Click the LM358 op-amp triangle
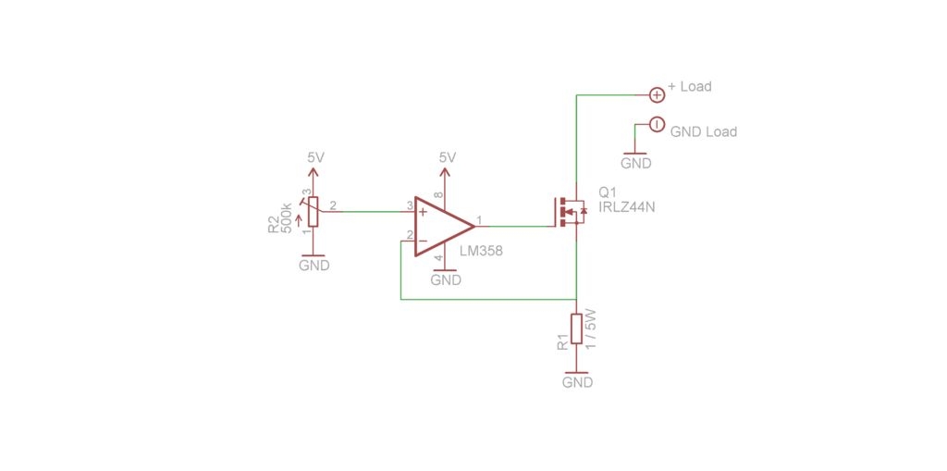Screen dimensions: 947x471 click(x=443, y=227)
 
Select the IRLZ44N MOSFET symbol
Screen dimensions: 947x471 click(x=570, y=212)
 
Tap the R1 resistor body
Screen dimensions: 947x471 click(x=577, y=328)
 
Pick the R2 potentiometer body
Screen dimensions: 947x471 click(x=313, y=212)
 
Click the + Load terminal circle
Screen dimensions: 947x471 click(x=657, y=94)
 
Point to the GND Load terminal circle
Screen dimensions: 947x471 click(x=656, y=125)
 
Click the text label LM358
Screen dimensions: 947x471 click(x=481, y=251)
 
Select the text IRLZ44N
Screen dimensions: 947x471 click(x=627, y=206)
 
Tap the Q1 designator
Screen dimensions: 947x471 click(x=607, y=192)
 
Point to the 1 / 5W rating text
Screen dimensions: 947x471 click(x=591, y=328)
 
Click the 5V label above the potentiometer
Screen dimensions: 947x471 click(x=316, y=157)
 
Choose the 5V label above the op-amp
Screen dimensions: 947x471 click(x=448, y=157)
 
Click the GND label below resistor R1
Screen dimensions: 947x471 click(x=577, y=383)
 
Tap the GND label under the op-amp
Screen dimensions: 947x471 click(x=446, y=280)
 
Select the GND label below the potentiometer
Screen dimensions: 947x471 click(x=314, y=265)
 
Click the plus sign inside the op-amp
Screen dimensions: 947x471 click(x=424, y=212)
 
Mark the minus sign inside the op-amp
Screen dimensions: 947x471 click(x=423, y=242)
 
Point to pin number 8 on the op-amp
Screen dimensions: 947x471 click(x=439, y=195)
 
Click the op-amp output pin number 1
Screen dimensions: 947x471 click(x=479, y=220)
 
